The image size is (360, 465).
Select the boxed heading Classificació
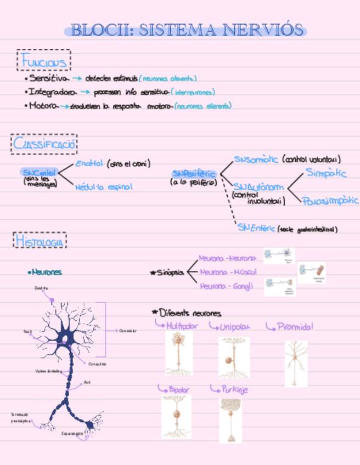[x=44, y=145]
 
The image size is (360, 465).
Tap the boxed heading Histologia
[x=40, y=240]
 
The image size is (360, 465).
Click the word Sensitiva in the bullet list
[x=50, y=79]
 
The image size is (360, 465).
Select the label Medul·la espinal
[x=104, y=187]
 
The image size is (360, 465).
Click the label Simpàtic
[x=325, y=173]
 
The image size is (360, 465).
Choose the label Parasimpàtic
[x=330, y=201]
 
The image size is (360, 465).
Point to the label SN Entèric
[x=256, y=228]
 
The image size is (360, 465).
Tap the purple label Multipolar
[x=182, y=326]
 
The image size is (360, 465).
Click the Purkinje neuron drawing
[x=230, y=419]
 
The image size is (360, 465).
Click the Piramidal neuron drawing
[x=296, y=363]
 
